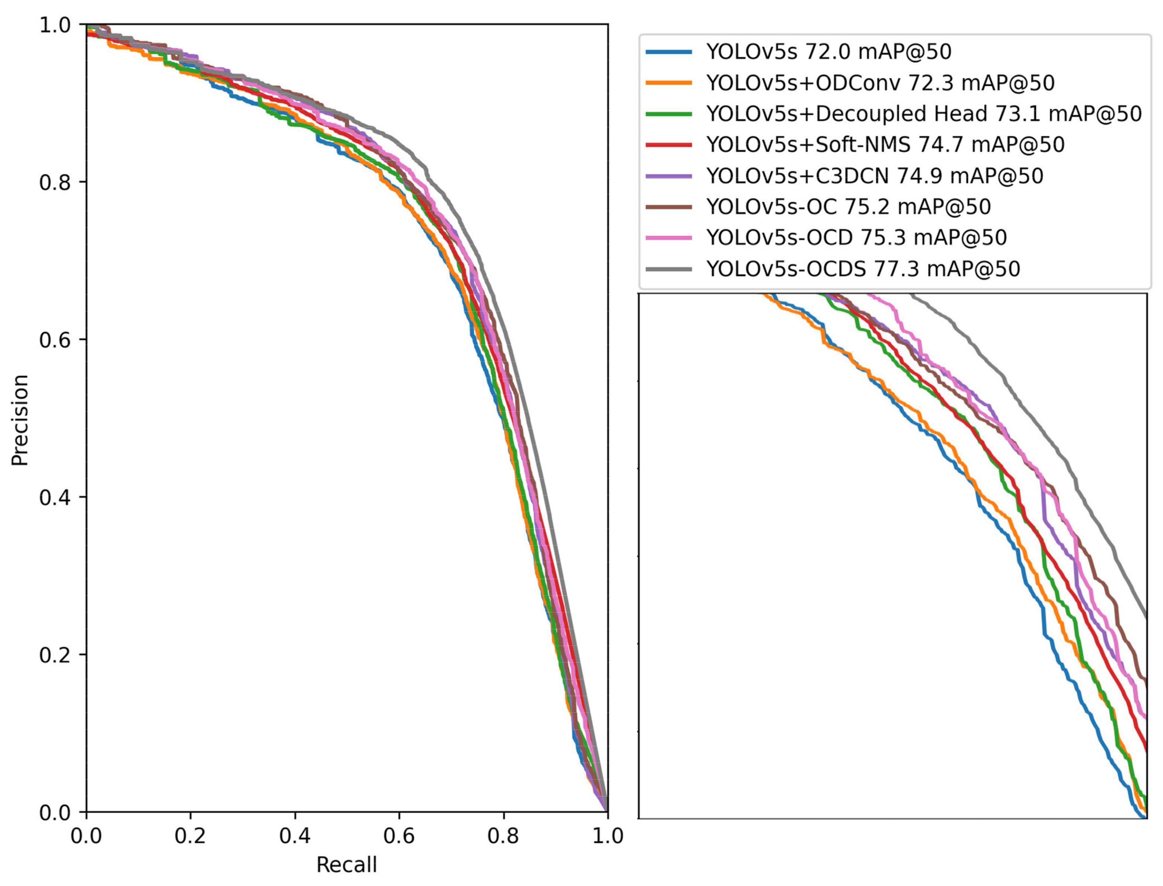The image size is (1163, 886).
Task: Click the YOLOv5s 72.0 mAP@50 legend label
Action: point(828,52)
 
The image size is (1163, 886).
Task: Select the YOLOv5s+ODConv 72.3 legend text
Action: point(880,83)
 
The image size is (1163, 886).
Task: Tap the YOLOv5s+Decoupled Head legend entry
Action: point(924,114)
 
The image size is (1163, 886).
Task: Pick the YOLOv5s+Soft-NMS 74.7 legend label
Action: point(885,145)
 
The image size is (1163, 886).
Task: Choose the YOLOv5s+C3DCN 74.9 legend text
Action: point(875,176)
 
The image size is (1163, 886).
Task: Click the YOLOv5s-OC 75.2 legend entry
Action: point(848,207)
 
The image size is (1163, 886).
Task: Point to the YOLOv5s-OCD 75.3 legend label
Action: point(856,238)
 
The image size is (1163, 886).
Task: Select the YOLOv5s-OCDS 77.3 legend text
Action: point(863,269)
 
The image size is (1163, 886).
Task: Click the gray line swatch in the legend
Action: point(669,269)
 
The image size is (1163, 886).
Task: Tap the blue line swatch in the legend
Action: point(669,52)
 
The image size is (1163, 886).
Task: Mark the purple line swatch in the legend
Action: point(669,176)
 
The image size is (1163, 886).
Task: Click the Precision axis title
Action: point(20,420)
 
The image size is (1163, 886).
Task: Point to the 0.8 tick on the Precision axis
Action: point(55,182)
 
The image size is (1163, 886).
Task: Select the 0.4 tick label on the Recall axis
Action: point(294,836)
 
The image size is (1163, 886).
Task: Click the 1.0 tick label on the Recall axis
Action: point(608,836)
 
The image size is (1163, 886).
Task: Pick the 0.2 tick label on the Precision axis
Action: point(55,654)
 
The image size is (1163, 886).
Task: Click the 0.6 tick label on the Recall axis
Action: point(399,836)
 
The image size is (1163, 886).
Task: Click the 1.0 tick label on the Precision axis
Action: point(55,25)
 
